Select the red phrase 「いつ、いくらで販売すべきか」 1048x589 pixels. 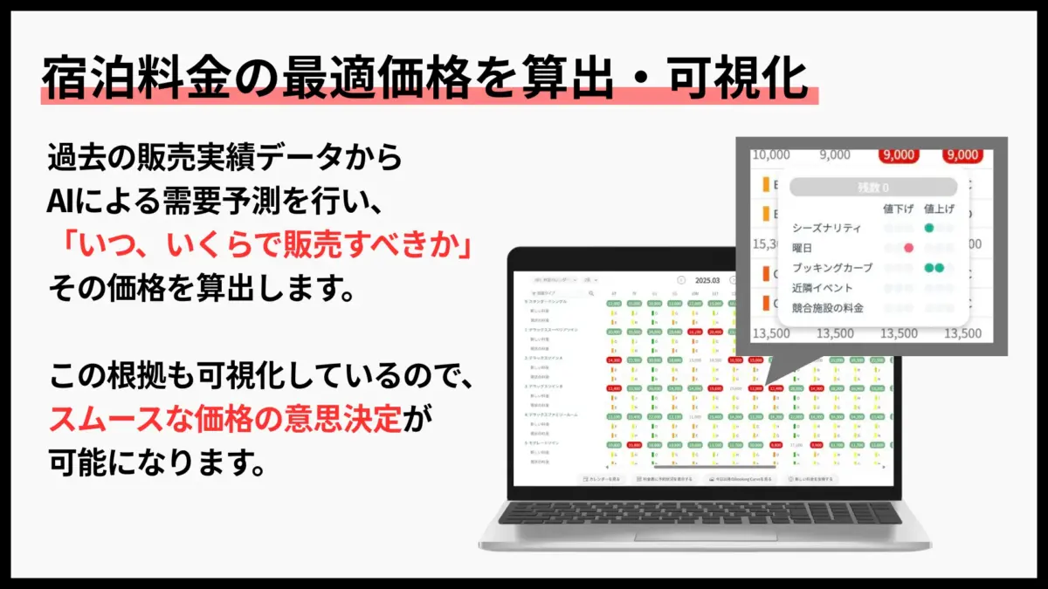tap(260, 245)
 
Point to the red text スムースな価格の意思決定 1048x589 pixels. tap(225, 420)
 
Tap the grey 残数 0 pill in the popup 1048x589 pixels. tap(872, 187)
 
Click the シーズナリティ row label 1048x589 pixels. tap(826, 228)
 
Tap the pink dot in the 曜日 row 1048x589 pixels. tap(909, 249)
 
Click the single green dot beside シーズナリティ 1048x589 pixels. tap(929, 228)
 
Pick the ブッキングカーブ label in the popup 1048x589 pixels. tap(832, 268)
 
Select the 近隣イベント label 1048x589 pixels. tap(822, 288)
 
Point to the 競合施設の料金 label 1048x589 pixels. tap(827, 308)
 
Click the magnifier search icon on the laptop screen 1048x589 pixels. tap(591, 293)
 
